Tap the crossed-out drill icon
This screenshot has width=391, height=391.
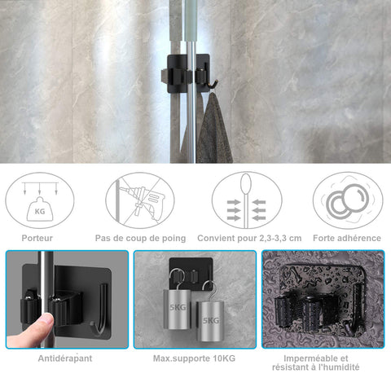pos(140,200)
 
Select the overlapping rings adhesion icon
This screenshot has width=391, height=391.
pos(348,200)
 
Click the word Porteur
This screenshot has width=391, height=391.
pos(37,238)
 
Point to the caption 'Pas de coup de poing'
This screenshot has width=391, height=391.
pos(140,239)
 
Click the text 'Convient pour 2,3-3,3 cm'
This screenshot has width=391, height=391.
pos(249,239)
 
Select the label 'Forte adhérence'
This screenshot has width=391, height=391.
pos(347,238)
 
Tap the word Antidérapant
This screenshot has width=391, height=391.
pos(65,358)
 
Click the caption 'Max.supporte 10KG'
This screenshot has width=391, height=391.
pos(194,358)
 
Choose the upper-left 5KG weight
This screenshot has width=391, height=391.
pos(178,310)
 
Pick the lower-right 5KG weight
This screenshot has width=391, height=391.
pos(210,321)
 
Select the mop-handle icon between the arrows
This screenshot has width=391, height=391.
pos(246,200)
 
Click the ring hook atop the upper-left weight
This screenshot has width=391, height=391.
pos(177,279)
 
